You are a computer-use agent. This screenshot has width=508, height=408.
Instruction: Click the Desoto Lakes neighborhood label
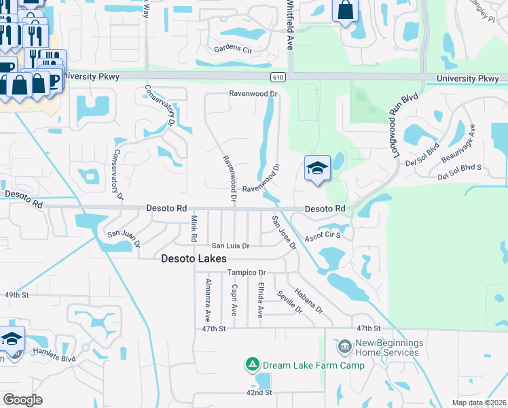coord(194,258)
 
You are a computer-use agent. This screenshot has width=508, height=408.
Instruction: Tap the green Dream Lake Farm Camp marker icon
coord(252,365)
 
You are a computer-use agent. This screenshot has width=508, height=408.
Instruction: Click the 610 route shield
coord(280,78)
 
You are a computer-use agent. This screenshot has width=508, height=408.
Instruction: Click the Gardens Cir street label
coord(233,48)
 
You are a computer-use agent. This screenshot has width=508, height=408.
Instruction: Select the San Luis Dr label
coord(230,245)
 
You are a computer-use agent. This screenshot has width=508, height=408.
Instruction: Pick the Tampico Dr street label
coord(246,272)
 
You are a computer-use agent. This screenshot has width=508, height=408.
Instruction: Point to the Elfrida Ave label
coord(259,300)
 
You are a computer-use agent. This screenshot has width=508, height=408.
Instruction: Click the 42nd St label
coord(259,393)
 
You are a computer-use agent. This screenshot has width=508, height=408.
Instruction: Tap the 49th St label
coord(17,296)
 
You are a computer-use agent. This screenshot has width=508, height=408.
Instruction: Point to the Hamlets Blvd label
coord(58,358)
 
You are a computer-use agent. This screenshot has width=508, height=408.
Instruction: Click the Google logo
coord(22,400)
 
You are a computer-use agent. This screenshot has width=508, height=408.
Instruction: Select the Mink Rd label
coord(194,229)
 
